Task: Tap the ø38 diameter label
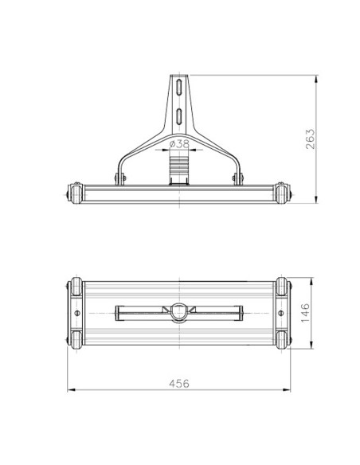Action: [180, 144]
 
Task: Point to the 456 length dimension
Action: [180, 383]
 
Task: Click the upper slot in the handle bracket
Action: [180, 87]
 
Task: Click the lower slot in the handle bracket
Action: [180, 114]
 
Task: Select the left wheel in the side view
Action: [75, 193]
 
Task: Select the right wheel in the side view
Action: [284, 193]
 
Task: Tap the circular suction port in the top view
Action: [180, 313]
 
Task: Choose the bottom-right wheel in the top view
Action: [284, 340]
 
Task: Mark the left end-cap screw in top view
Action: [76, 314]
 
